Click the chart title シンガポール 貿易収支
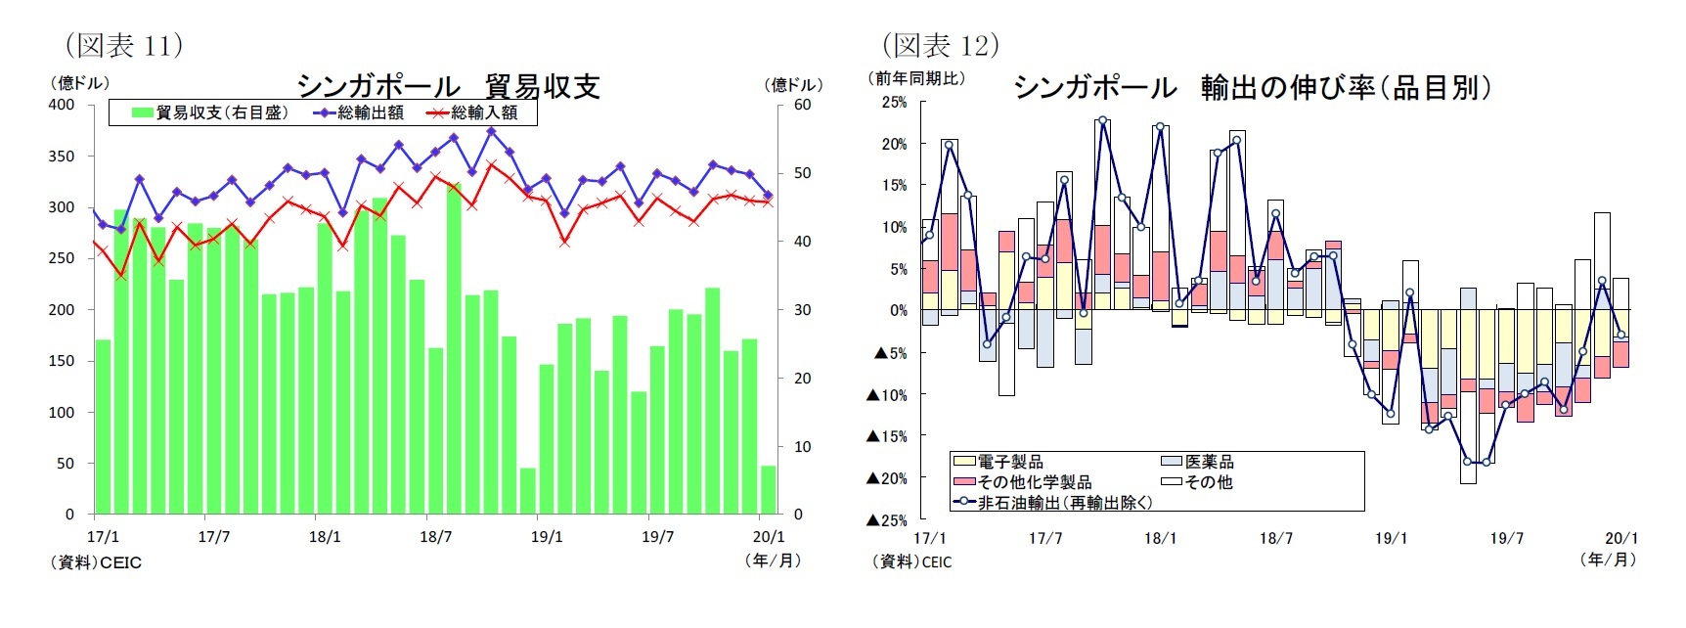tap(448, 86)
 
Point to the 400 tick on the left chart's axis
tap(62, 105)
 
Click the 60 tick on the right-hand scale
tap(802, 105)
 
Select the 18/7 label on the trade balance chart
tap(436, 537)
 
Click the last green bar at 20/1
tap(768, 490)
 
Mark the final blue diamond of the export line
tap(768, 196)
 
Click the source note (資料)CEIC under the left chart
tap(96, 563)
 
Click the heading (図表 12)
tap(940, 45)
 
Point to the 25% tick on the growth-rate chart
tap(894, 102)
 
